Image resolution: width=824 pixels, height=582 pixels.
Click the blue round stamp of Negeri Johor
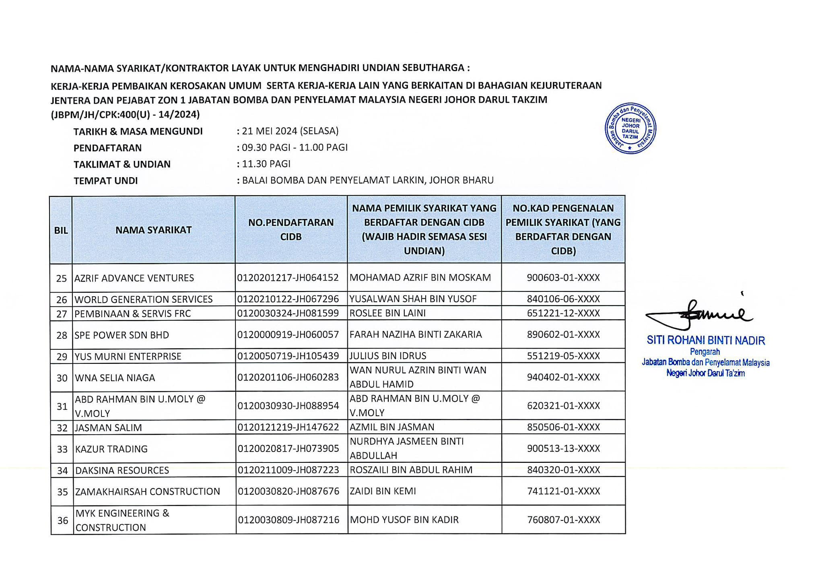pos(630,128)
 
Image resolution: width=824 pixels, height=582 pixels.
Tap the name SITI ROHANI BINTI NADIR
pos(706,341)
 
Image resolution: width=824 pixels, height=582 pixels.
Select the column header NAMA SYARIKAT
pos(153,230)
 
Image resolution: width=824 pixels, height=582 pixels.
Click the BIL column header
pos(61,230)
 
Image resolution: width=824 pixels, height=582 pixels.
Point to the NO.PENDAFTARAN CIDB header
pos(291,229)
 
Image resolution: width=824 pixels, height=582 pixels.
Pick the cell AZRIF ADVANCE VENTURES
pos(134,278)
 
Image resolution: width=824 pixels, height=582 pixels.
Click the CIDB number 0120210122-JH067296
pos(288,299)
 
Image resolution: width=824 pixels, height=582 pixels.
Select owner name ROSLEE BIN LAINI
pos(387,313)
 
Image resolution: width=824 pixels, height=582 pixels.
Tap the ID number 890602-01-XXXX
pos(563,334)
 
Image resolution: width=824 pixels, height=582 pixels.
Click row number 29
pos(62,357)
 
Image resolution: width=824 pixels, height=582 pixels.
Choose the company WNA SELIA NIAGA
pos(115,378)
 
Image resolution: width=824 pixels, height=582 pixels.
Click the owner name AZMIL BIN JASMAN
pos(392,427)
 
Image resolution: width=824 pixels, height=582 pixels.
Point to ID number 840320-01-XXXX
pos(563,470)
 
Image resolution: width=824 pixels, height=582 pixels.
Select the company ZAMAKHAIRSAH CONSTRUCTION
pos(148,491)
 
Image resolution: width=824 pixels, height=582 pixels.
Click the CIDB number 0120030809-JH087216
pos(288,520)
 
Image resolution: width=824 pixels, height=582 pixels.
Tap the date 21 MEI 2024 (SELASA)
pos(290,131)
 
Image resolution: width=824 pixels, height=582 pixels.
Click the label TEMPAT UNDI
pos(105,181)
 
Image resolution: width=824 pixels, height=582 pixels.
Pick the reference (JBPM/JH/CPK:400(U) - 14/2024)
pos(125,115)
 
